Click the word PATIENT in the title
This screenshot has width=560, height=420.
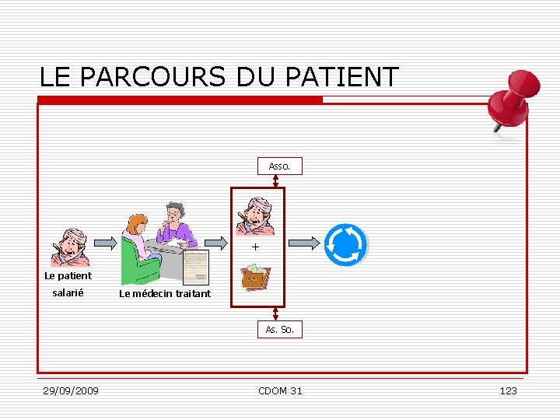342,77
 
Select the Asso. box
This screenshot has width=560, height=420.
279,166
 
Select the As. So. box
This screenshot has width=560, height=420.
279,329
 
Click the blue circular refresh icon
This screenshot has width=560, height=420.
345,245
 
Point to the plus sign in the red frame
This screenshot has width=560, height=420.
254,247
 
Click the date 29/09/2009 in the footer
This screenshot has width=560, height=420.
71,390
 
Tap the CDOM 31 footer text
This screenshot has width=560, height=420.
280,390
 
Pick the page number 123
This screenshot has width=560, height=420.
508,390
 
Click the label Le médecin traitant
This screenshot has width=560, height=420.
165,293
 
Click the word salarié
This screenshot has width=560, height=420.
68,292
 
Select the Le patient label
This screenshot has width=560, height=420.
68,275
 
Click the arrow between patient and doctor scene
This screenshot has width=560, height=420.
104,243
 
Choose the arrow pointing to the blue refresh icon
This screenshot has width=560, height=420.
305,243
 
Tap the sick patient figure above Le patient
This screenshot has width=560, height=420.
69,247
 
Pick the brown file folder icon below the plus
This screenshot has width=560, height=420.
255,277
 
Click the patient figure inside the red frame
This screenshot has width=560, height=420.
255,214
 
